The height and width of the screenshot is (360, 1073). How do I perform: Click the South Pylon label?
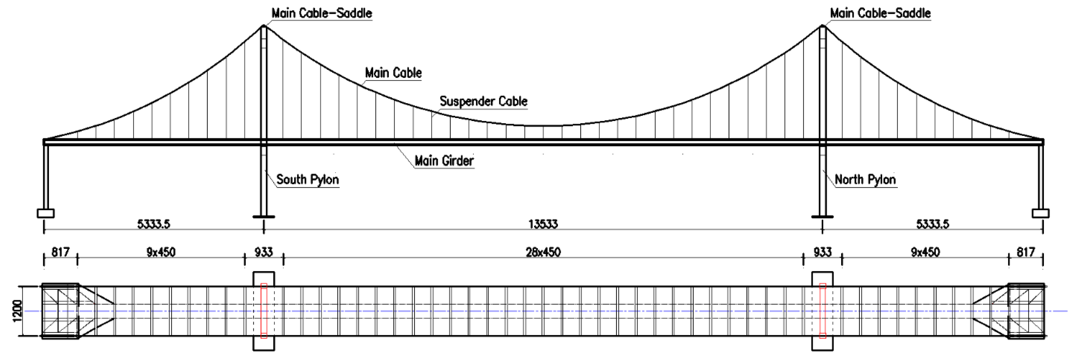(307, 180)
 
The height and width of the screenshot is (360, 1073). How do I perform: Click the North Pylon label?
(865, 180)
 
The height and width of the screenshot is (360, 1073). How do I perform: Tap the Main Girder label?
(444, 161)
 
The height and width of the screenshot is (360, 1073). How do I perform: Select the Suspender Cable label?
(483, 101)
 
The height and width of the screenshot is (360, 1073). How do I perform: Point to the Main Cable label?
(393, 73)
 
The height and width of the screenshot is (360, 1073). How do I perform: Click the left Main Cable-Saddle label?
(321, 13)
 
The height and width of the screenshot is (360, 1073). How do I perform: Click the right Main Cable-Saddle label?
(880, 13)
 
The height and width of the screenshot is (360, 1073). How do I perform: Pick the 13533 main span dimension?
(543, 224)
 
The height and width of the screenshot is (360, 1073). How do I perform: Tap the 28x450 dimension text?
(543, 252)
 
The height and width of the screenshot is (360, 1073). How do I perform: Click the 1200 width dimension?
(17, 311)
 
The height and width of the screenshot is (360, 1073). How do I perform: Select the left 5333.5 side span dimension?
(154, 224)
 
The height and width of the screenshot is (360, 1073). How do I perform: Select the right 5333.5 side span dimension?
(932, 224)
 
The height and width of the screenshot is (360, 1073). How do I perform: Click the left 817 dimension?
(60, 252)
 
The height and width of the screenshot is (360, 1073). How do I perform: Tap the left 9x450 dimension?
(161, 252)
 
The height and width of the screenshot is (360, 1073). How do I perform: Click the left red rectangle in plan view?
(264, 311)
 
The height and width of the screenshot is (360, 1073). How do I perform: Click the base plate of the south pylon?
(264, 217)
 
